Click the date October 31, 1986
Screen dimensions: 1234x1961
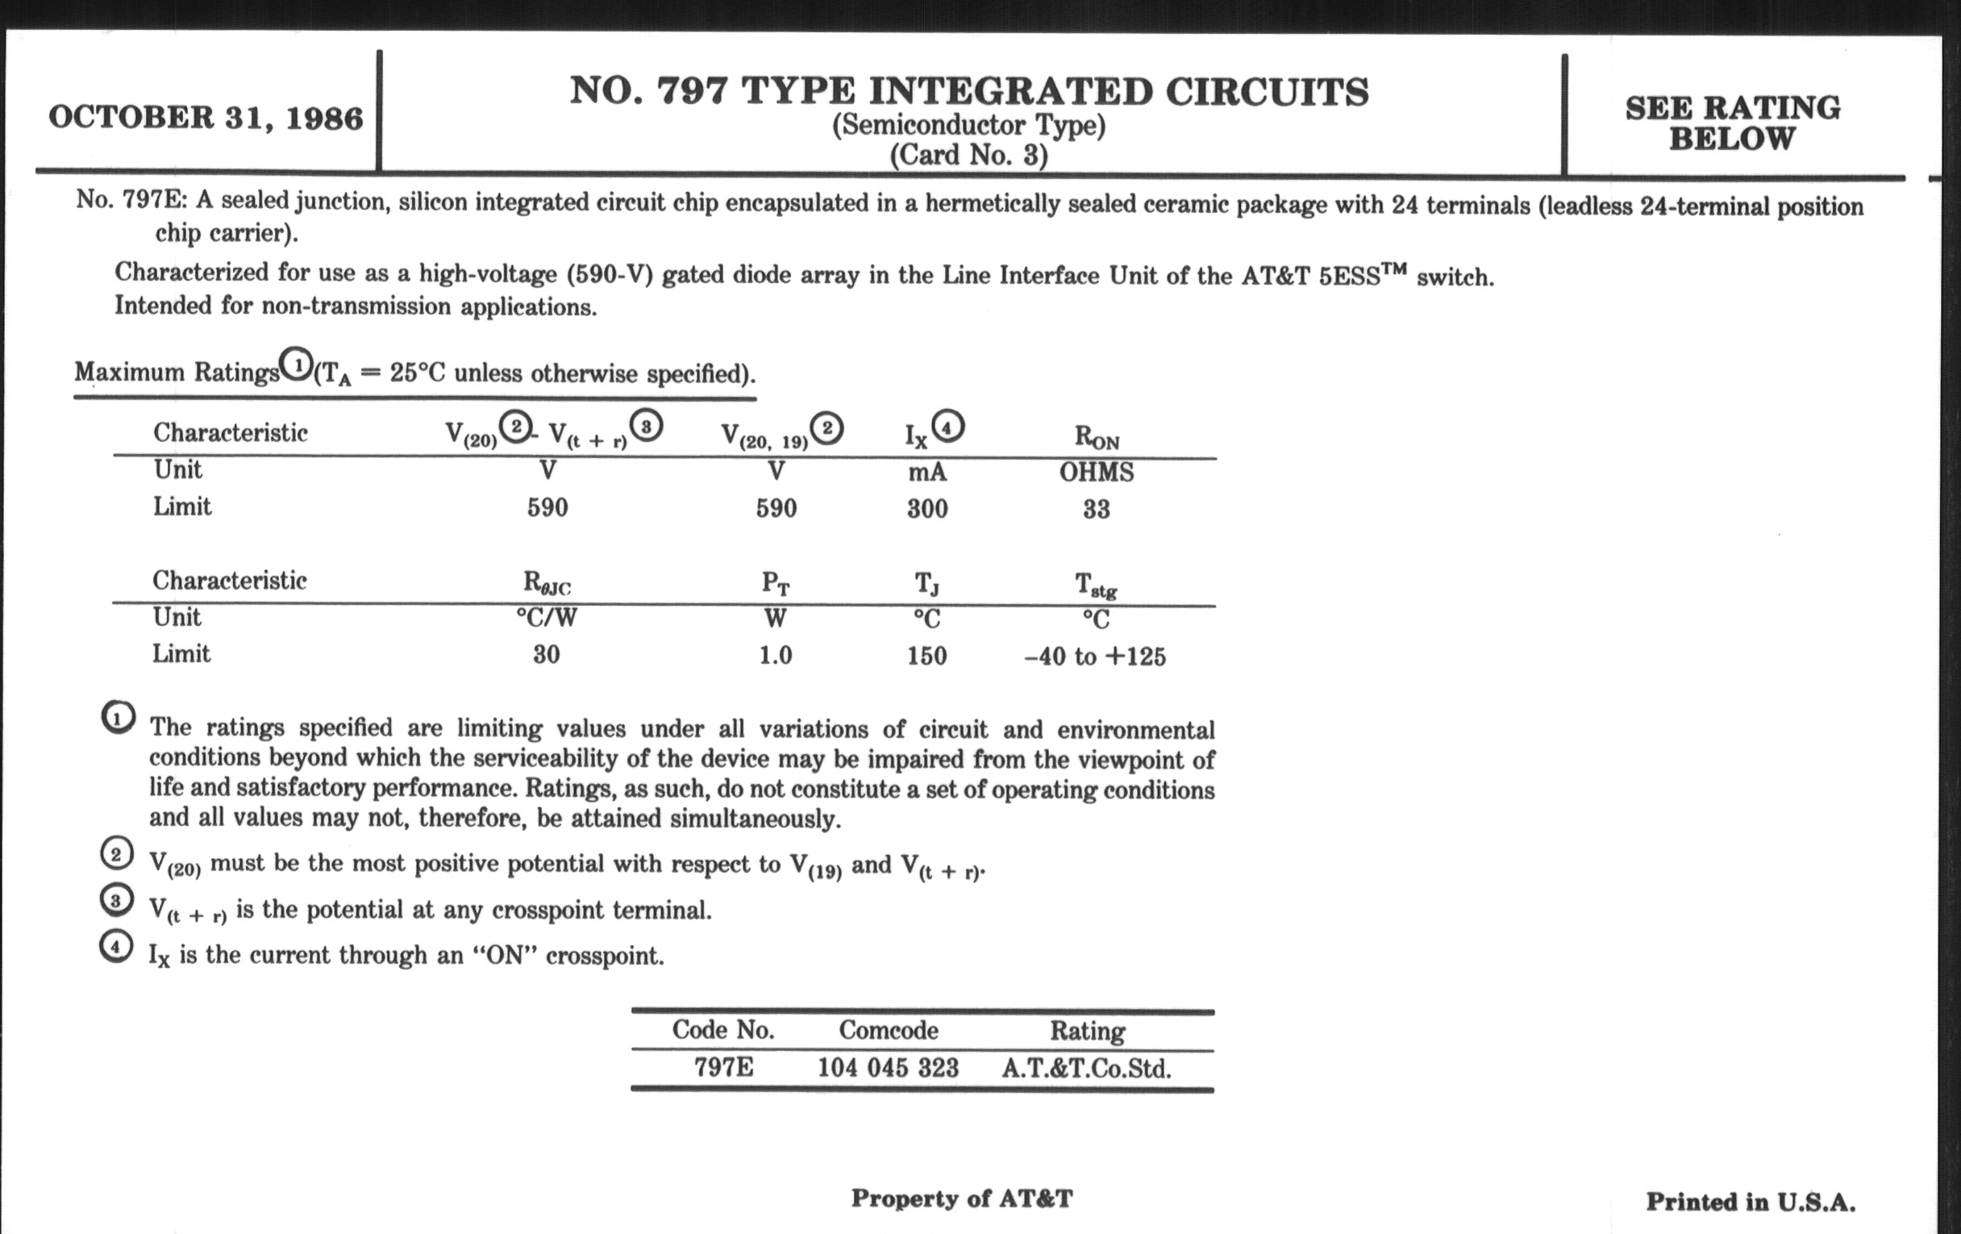(x=206, y=118)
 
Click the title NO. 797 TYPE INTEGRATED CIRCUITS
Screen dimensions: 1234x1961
(x=969, y=91)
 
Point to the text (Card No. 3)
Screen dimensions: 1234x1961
(x=968, y=155)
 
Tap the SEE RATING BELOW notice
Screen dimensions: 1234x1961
(x=1732, y=123)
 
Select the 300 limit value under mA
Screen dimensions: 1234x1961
(x=927, y=509)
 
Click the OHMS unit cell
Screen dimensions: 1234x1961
(x=1096, y=473)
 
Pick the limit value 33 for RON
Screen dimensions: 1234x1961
(x=1096, y=510)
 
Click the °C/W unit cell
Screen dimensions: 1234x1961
(x=547, y=619)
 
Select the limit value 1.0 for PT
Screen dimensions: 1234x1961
(x=775, y=656)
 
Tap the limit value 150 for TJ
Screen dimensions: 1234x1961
(x=926, y=657)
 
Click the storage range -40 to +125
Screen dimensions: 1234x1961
(x=1094, y=657)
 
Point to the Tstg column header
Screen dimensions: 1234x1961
(x=1095, y=585)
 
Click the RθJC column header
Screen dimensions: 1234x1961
(x=547, y=583)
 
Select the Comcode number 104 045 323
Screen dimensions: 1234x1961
(x=888, y=1068)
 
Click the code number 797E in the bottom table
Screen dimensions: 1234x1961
(x=723, y=1067)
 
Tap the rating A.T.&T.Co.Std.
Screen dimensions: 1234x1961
(x=1086, y=1069)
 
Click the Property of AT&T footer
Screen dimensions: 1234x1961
(x=962, y=1199)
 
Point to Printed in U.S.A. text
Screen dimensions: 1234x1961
(x=1751, y=1203)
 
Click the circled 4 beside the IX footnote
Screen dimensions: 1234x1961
(x=115, y=948)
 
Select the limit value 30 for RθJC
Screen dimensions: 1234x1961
(x=547, y=655)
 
